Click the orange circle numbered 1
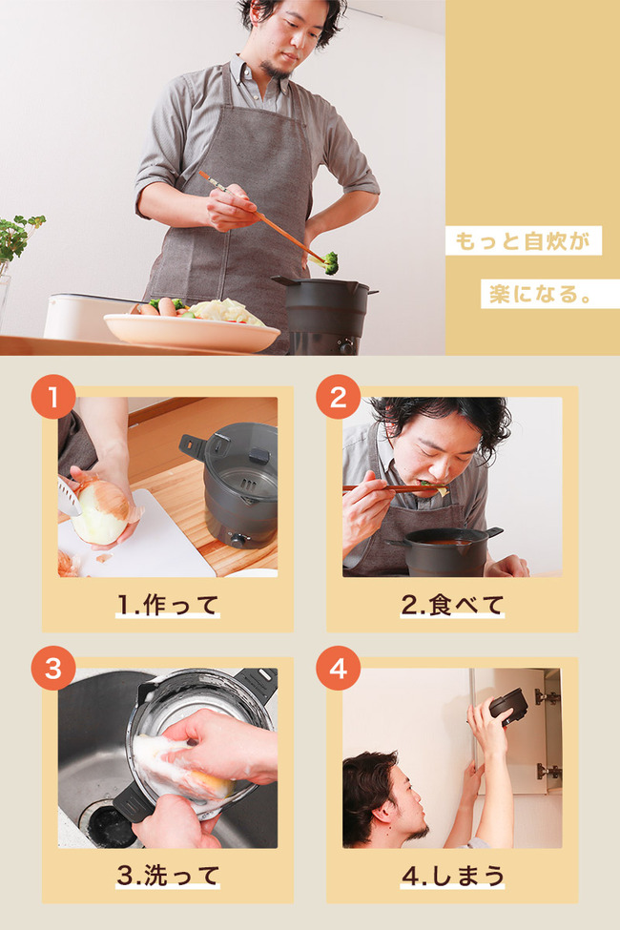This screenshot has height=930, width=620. tap(53, 397)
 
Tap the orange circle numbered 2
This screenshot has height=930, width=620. tap(339, 397)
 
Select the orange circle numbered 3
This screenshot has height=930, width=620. tap(53, 668)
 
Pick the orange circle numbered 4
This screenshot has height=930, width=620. tap(339, 668)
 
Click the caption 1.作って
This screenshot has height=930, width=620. tap(168, 605)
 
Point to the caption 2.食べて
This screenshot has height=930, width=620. tap(452, 605)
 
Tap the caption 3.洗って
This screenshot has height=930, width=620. tap(168, 876)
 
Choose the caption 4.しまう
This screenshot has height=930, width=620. tap(453, 876)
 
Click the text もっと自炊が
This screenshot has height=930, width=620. tap(523, 240)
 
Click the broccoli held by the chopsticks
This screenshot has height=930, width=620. tap(330, 261)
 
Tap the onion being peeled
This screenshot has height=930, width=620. tap(102, 511)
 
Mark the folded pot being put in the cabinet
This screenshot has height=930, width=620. tap(507, 706)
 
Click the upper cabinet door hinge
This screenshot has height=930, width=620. tap(546, 697)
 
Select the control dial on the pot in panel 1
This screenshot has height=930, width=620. tap(239, 540)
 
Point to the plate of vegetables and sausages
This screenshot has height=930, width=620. tap(191, 324)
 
